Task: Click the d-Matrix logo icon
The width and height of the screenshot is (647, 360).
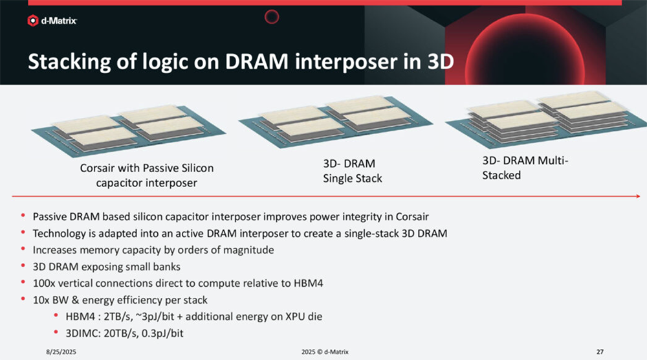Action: click(x=32, y=20)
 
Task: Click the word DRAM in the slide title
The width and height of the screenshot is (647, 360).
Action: click(x=257, y=62)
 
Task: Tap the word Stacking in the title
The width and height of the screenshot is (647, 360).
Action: click(x=69, y=62)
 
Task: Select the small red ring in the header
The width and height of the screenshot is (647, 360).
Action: click(x=272, y=17)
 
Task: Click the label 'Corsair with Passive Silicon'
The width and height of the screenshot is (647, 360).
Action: click(x=147, y=168)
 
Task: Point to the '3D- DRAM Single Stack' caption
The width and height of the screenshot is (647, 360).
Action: click(x=353, y=171)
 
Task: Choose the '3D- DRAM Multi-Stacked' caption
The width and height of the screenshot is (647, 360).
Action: click(x=525, y=168)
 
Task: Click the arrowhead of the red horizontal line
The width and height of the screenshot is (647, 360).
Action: click(x=638, y=196)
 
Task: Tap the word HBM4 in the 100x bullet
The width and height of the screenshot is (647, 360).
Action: click(x=308, y=283)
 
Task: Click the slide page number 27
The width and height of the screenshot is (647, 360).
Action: click(x=600, y=352)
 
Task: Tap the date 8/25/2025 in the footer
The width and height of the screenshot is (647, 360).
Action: click(x=61, y=352)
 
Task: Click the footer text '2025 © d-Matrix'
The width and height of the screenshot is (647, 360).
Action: click(x=325, y=352)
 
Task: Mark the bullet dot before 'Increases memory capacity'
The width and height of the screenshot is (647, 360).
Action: click(x=23, y=249)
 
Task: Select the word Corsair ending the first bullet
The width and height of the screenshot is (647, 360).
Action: click(x=412, y=217)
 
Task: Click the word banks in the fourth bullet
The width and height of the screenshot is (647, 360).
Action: click(x=167, y=267)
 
